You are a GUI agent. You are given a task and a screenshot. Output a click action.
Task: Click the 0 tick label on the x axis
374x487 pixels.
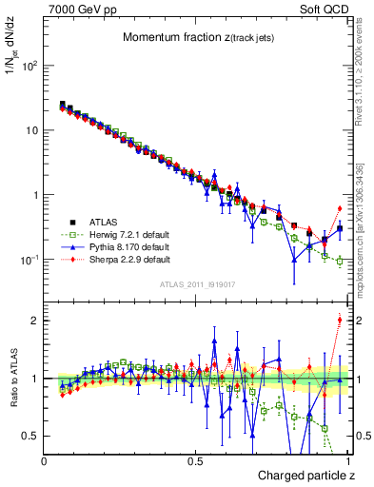45,460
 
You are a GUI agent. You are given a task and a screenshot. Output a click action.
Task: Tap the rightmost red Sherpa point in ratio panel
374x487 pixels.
339,320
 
